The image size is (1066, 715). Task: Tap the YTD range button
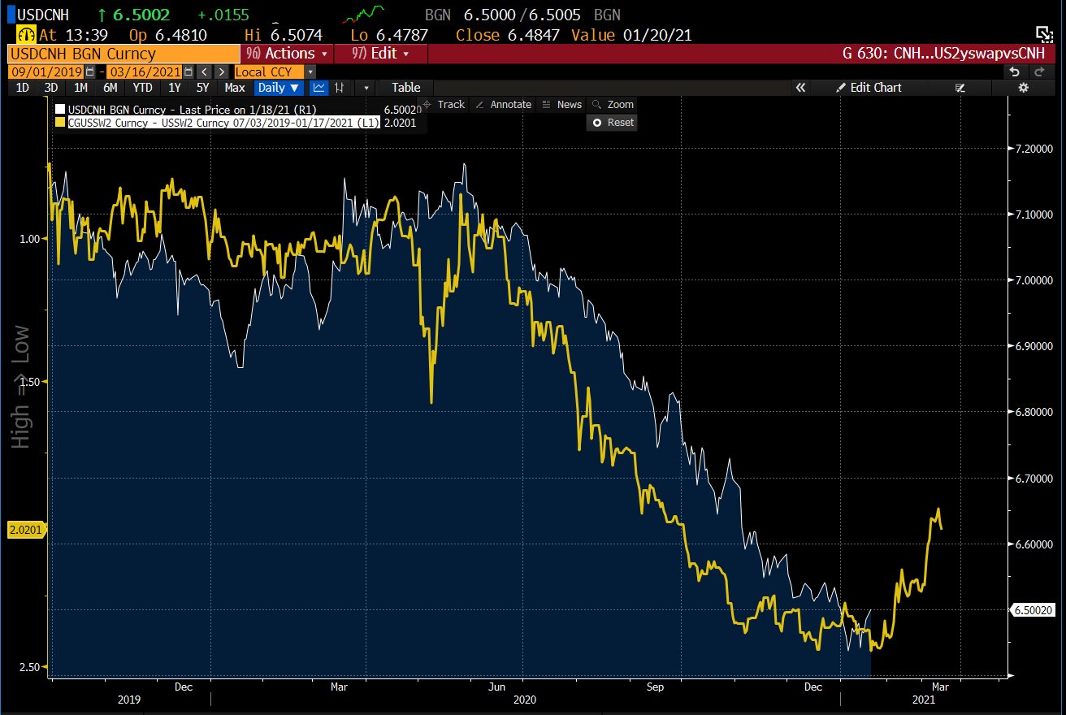pyautogui.click(x=142, y=88)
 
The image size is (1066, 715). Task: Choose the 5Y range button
pyautogui.click(x=203, y=88)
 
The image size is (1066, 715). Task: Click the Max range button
pyautogui.click(x=235, y=88)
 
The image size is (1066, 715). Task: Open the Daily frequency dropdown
pyautogui.click(x=279, y=88)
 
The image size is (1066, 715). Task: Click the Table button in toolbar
pyautogui.click(x=405, y=88)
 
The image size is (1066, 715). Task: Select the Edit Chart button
pyautogui.click(x=875, y=88)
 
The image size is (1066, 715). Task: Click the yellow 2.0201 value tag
pyautogui.click(x=24, y=530)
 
